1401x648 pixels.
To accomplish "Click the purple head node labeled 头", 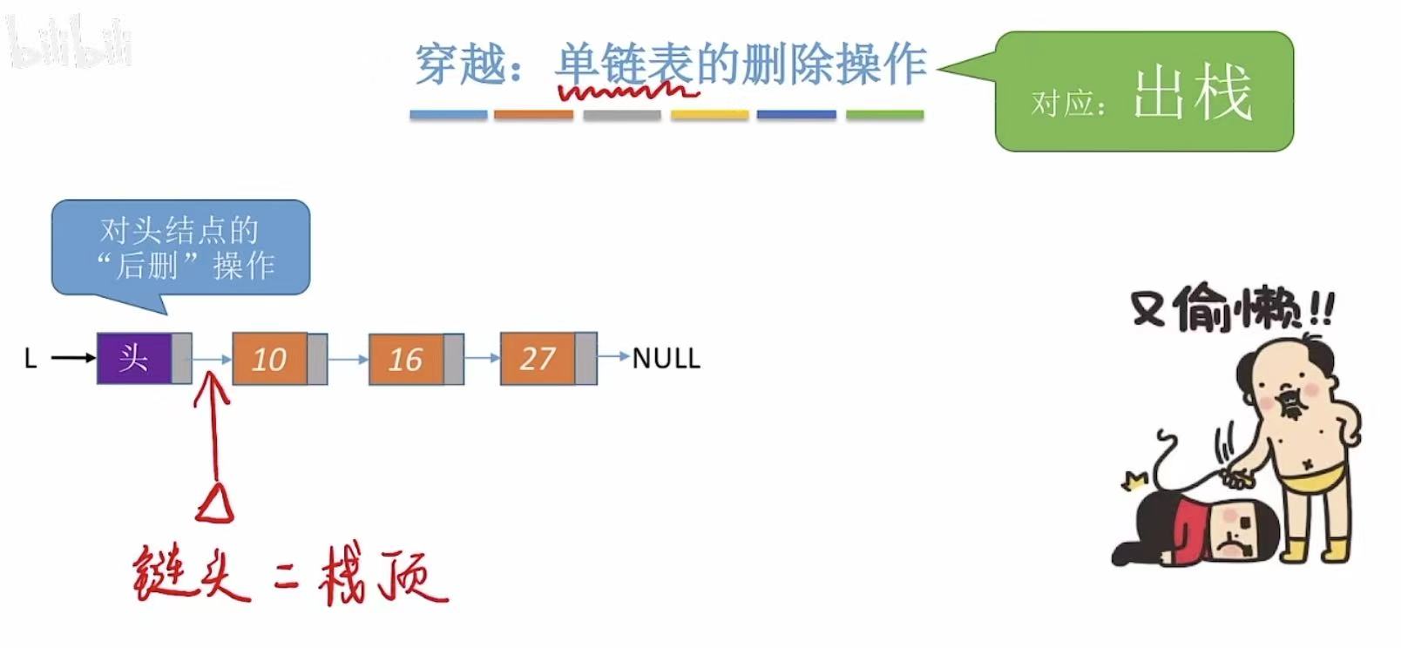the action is [134, 358].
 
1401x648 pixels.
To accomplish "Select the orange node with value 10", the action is [270, 359].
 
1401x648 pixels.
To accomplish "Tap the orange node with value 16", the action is [406, 359].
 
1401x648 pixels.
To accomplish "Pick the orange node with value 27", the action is [538, 358].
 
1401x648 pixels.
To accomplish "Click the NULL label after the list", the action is [666, 358].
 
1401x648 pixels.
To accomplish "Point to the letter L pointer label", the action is [30, 358].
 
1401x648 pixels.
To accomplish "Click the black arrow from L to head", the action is [73, 357].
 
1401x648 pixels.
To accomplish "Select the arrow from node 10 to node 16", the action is [348, 359].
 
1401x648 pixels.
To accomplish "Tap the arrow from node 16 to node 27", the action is [482, 358].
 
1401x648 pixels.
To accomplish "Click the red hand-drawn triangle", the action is [215, 503].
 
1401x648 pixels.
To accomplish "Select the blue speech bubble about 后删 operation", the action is [181, 248].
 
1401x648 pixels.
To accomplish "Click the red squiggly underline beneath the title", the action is [625, 89].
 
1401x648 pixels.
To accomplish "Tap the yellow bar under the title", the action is [709, 115].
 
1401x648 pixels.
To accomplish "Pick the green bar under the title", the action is [884, 115].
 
